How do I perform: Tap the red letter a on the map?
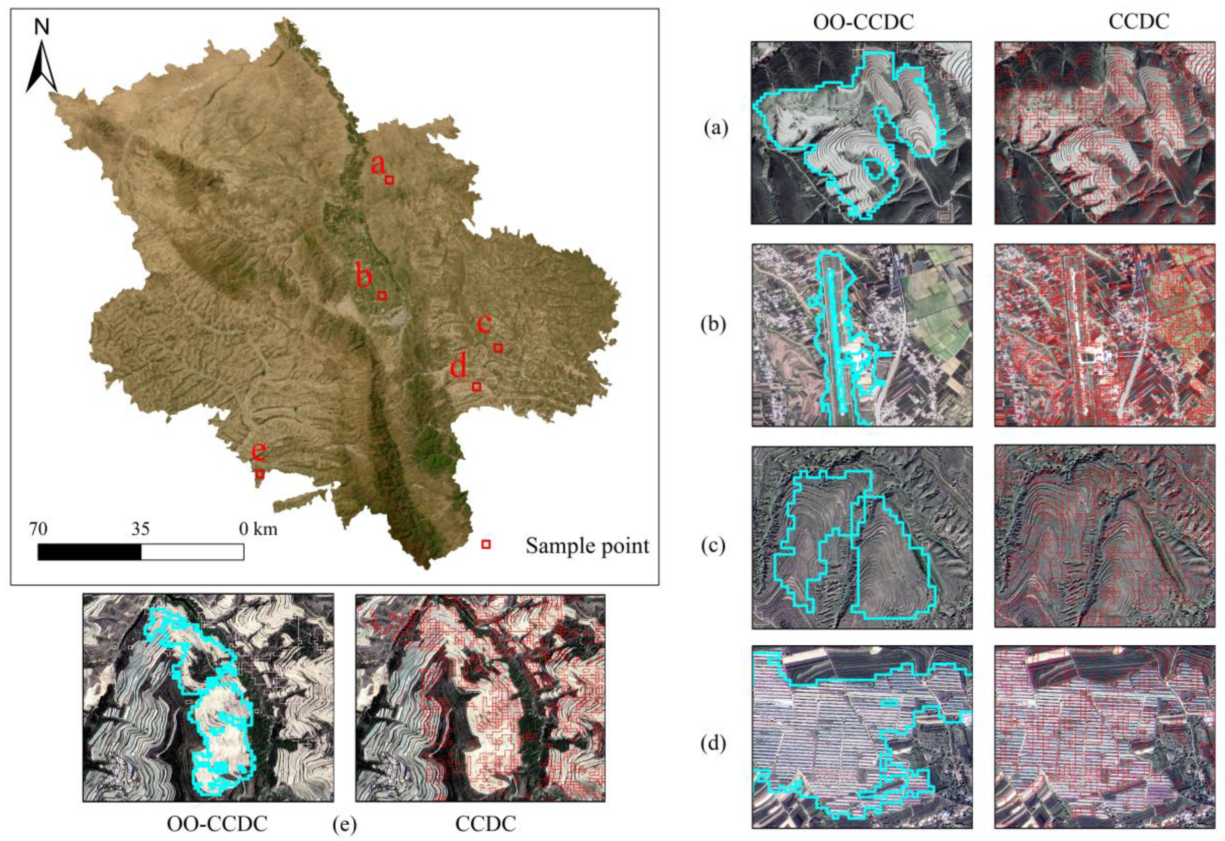tap(377, 164)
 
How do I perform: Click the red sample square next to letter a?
tap(389, 180)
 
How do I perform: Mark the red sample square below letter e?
tap(259, 474)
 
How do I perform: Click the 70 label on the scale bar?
tap(38, 528)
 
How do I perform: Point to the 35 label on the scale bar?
tap(141, 528)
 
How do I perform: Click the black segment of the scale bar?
tap(89, 552)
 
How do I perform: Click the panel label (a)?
tap(715, 128)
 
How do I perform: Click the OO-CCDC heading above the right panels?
tap(863, 22)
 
